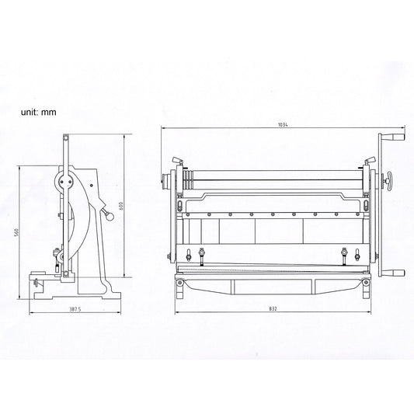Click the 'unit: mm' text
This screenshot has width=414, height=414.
tap(39, 112)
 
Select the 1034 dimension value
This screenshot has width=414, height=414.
tap(283, 125)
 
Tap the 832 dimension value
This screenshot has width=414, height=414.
tap(273, 308)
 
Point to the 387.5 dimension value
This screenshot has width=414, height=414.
tap(75, 309)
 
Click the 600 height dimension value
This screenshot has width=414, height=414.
tap(121, 206)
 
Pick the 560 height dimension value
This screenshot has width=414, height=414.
tap(16, 232)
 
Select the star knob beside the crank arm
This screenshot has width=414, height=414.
tap(388, 181)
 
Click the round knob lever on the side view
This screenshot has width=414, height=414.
tap(108, 214)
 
